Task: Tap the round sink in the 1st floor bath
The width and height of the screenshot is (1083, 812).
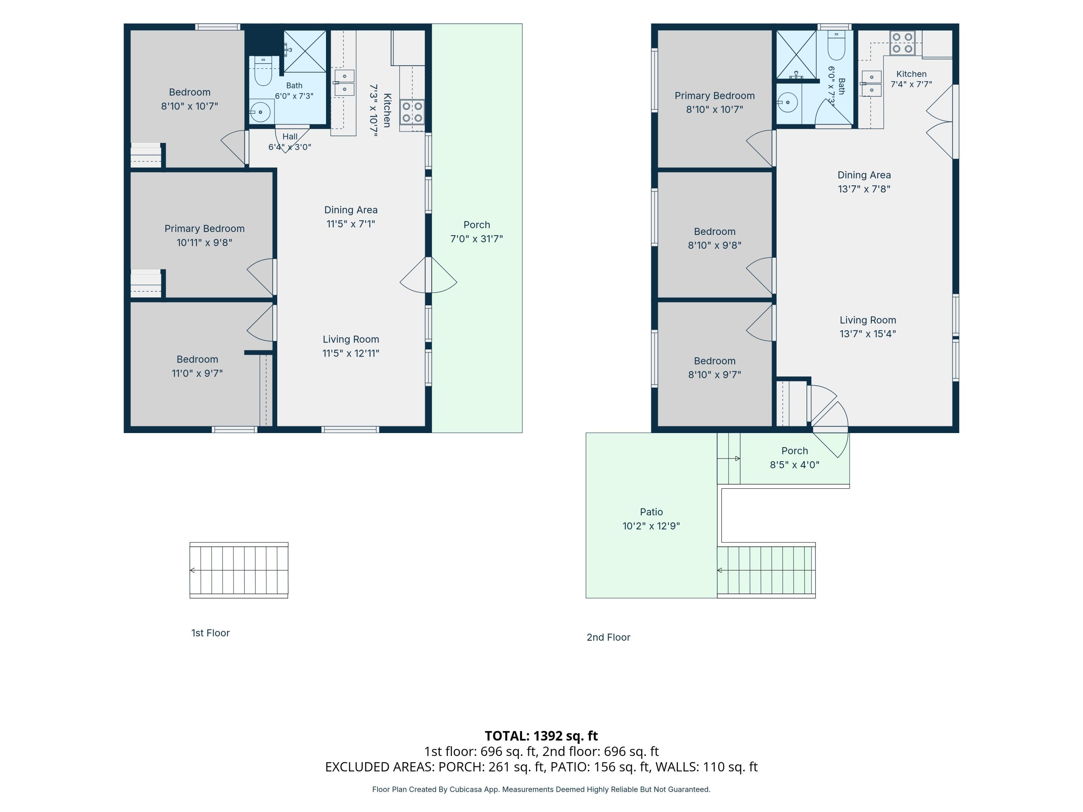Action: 261,112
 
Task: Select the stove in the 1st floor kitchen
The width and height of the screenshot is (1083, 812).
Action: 412,112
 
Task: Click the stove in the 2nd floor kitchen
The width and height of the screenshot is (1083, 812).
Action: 902,43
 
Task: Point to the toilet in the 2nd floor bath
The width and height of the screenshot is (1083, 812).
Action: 836,45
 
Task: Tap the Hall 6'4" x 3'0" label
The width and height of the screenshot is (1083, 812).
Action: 290,142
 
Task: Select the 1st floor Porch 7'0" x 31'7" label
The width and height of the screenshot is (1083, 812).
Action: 477,232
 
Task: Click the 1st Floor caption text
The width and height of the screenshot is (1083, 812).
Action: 210,633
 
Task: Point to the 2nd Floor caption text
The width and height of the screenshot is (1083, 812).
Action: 609,637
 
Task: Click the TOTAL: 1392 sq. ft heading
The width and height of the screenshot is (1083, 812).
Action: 541,735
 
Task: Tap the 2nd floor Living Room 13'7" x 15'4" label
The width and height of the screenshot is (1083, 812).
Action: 867,327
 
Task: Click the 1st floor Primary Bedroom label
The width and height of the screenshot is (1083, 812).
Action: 204,235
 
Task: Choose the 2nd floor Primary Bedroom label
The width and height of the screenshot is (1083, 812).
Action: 714,102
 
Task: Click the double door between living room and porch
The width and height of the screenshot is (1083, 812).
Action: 429,275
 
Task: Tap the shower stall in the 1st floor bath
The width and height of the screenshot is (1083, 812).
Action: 305,51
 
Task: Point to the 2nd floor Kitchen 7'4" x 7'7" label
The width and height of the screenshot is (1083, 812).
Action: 911,79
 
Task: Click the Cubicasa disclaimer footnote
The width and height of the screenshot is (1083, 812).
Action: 541,789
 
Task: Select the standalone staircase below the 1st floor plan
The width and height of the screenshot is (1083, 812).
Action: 239,570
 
